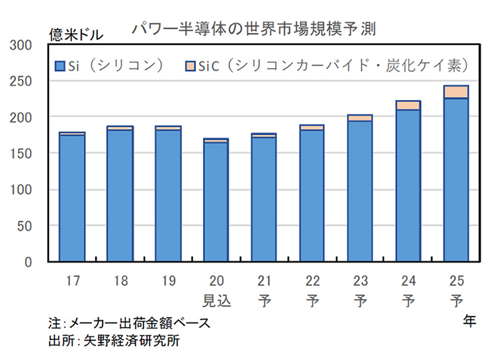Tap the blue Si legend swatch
pyautogui.click(x=60, y=66)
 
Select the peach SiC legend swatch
pyautogui.click(x=190, y=66)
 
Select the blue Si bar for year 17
pyautogui.click(x=72, y=199)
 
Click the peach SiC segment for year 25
pyautogui.click(x=456, y=92)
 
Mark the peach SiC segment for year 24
pyautogui.click(x=409, y=105)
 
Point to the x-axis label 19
pyautogui.click(x=168, y=281)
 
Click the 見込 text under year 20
pyautogui.click(x=216, y=300)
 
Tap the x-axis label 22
pyautogui.click(x=312, y=281)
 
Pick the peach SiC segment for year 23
pyautogui.click(x=360, y=118)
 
